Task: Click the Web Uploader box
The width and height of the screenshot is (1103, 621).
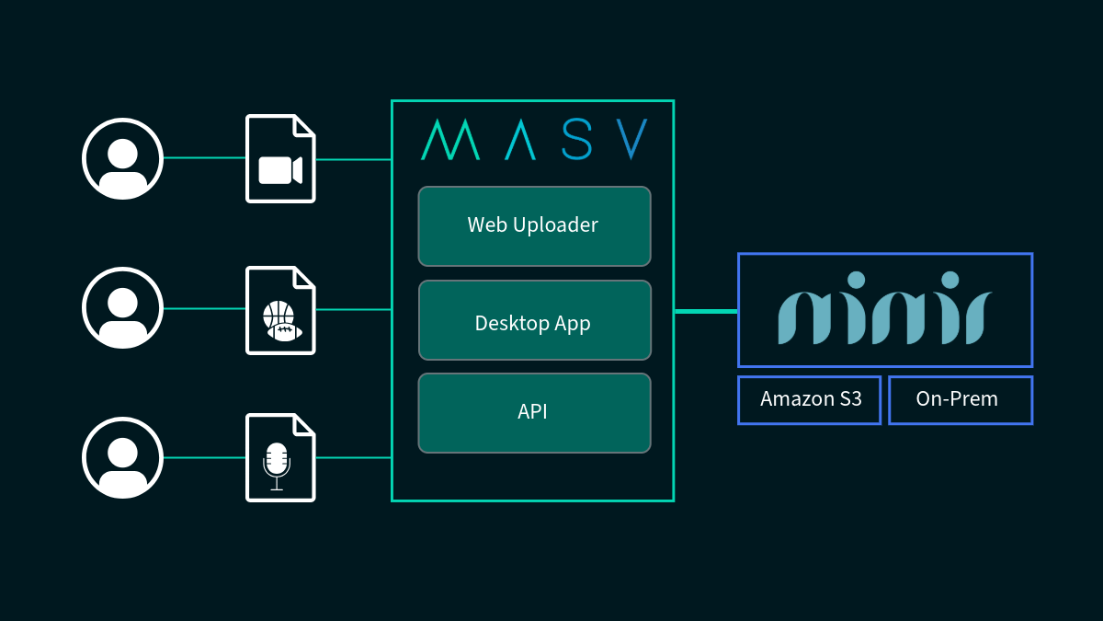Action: point(534,226)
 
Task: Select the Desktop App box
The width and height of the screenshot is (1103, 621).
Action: point(534,320)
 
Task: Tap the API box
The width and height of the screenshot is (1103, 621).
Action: point(534,412)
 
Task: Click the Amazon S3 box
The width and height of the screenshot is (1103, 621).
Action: point(810,400)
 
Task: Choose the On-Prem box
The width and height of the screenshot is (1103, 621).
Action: point(960,400)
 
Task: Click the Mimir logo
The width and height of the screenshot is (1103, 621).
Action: point(884,310)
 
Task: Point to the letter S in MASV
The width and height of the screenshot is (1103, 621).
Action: point(576,140)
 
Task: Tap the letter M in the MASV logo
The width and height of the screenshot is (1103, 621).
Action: point(450,140)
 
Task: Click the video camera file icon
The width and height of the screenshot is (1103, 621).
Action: point(280,159)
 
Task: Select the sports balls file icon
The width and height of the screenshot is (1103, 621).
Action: point(280,310)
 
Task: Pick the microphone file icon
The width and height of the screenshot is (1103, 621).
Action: point(280,458)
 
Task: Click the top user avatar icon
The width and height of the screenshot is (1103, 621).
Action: point(122,158)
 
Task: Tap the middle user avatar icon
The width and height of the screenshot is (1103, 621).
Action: point(122,308)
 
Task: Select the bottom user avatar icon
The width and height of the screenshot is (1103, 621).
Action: point(122,457)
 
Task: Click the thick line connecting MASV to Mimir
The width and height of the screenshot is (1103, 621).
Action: point(706,312)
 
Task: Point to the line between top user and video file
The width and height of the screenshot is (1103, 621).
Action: point(204,158)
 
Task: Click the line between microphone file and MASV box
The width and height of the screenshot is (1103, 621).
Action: point(353,458)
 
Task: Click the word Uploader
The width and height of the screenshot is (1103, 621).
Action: point(558,225)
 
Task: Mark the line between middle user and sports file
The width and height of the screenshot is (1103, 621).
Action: point(204,309)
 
